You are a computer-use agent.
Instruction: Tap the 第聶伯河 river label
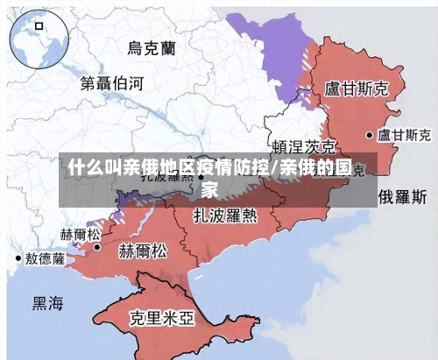pyautogui.click(x=111, y=84)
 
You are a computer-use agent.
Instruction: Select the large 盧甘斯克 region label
pyautogui.click(x=357, y=88)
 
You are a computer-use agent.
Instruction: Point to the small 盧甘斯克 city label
pyautogui.click(x=404, y=136)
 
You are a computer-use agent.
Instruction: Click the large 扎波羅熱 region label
pyautogui.click(x=226, y=214)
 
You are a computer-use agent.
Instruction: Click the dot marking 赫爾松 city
pyautogui.click(x=97, y=248)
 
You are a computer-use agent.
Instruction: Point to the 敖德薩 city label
pyautogui.click(x=45, y=258)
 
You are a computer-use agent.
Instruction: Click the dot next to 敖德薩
pyautogui.click(x=18, y=258)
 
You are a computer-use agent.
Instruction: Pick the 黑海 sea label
pyautogui.click(x=48, y=303)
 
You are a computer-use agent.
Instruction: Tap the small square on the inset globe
pyautogui.click(x=39, y=26)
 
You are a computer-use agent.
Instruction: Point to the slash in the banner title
pyautogui.click(x=274, y=167)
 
